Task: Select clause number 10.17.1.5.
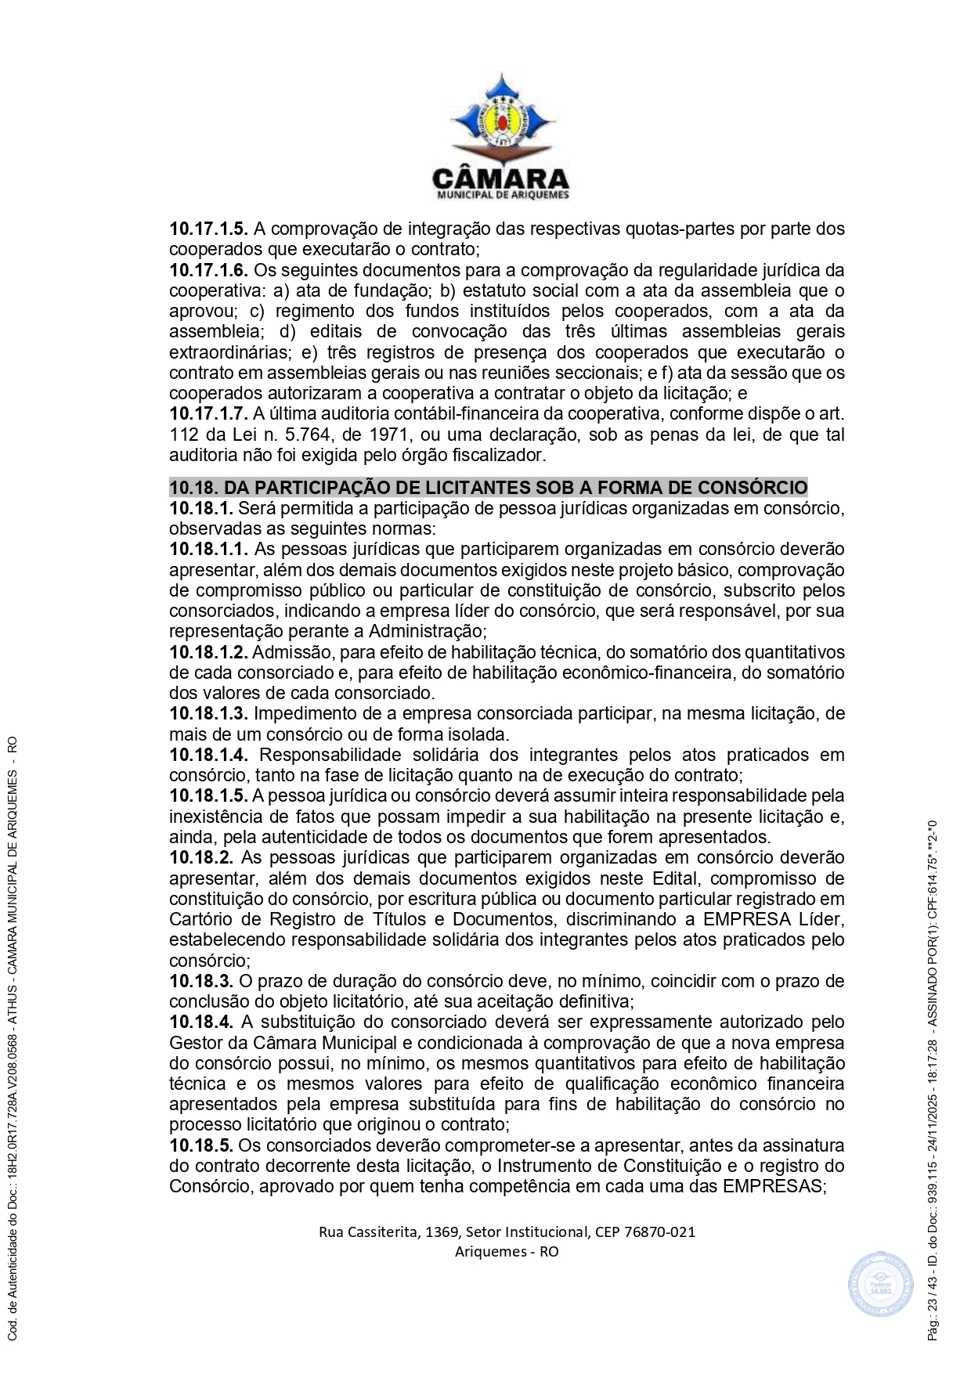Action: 208,229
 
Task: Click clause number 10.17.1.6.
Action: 208,271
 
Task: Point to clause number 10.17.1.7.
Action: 208,414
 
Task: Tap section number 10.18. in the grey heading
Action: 194,488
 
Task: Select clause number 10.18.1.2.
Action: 208,652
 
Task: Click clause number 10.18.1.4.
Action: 208,756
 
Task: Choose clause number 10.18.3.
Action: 201,982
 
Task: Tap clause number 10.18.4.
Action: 201,1022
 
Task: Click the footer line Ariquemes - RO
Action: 507,1251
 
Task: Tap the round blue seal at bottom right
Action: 881,1285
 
